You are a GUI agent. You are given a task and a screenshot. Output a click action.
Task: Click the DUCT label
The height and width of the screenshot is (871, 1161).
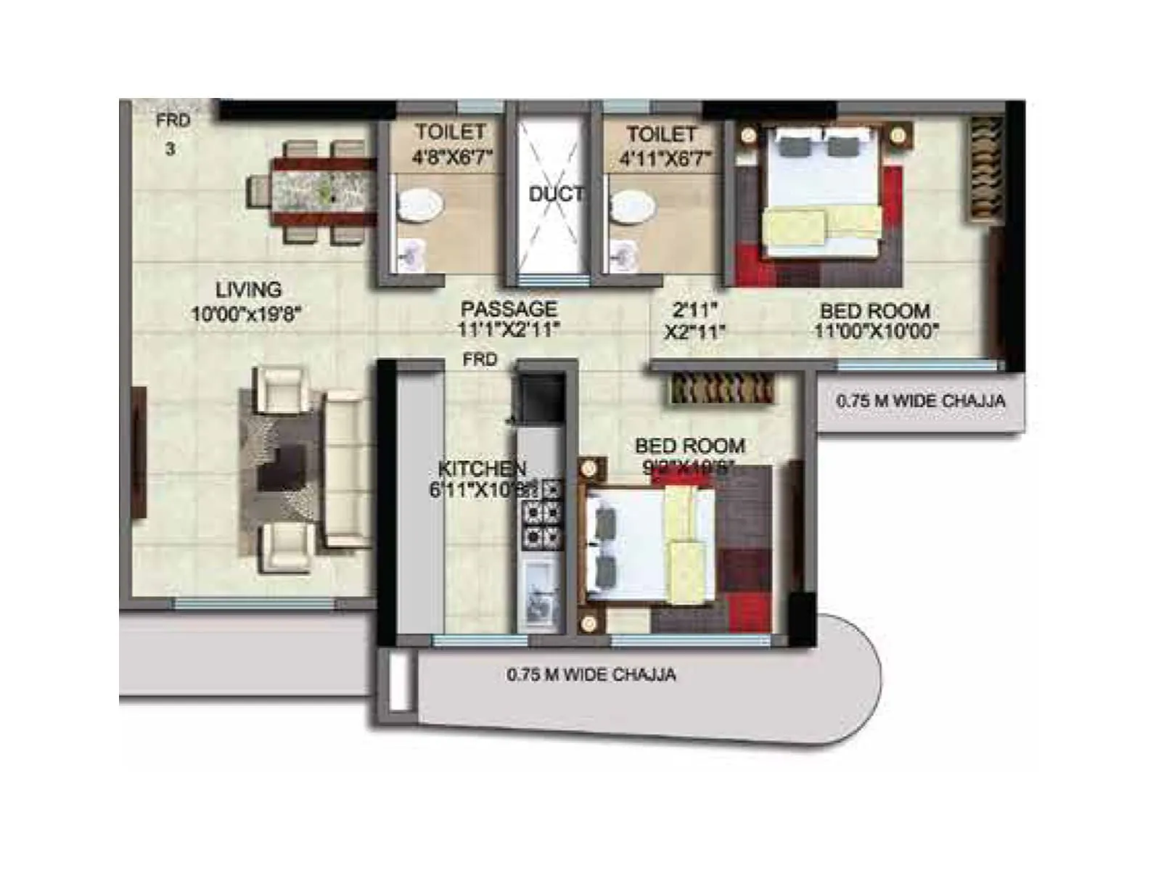pyautogui.click(x=556, y=195)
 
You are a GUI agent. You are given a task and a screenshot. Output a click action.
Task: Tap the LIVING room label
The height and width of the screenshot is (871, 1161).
pyautogui.click(x=248, y=289)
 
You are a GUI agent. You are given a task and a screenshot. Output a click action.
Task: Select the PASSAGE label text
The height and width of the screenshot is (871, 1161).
pyautogui.click(x=509, y=309)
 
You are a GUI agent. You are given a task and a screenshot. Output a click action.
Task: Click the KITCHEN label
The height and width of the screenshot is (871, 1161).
pyautogui.click(x=482, y=469)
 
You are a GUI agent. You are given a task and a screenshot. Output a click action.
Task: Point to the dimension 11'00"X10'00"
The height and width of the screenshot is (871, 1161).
pyautogui.click(x=876, y=332)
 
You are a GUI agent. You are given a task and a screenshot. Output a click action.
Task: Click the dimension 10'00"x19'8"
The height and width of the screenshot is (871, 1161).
pyautogui.click(x=246, y=314)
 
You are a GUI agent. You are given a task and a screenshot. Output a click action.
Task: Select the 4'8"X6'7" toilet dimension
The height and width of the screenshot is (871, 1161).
pyautogui.click(x=451, y=157)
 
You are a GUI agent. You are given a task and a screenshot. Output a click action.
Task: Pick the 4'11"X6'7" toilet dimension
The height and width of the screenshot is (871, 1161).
pyautogui.click(x=665, y=158)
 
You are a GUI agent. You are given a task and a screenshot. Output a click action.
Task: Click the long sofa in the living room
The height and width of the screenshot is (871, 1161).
pyautogui.click(x=345, y=468)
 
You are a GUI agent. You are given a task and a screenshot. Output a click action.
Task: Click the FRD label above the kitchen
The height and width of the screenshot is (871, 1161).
pyautogui.click(x=480, y=360)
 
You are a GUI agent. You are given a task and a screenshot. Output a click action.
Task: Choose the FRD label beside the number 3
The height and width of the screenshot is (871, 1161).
pyautogui.click(x=173, y=120)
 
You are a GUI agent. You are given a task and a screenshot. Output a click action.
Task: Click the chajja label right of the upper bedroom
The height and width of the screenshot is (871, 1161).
pyautogui.click(x=920, y=401)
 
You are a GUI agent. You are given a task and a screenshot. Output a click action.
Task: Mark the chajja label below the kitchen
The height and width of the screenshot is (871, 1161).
pyautogui.click(x=591, y=675)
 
